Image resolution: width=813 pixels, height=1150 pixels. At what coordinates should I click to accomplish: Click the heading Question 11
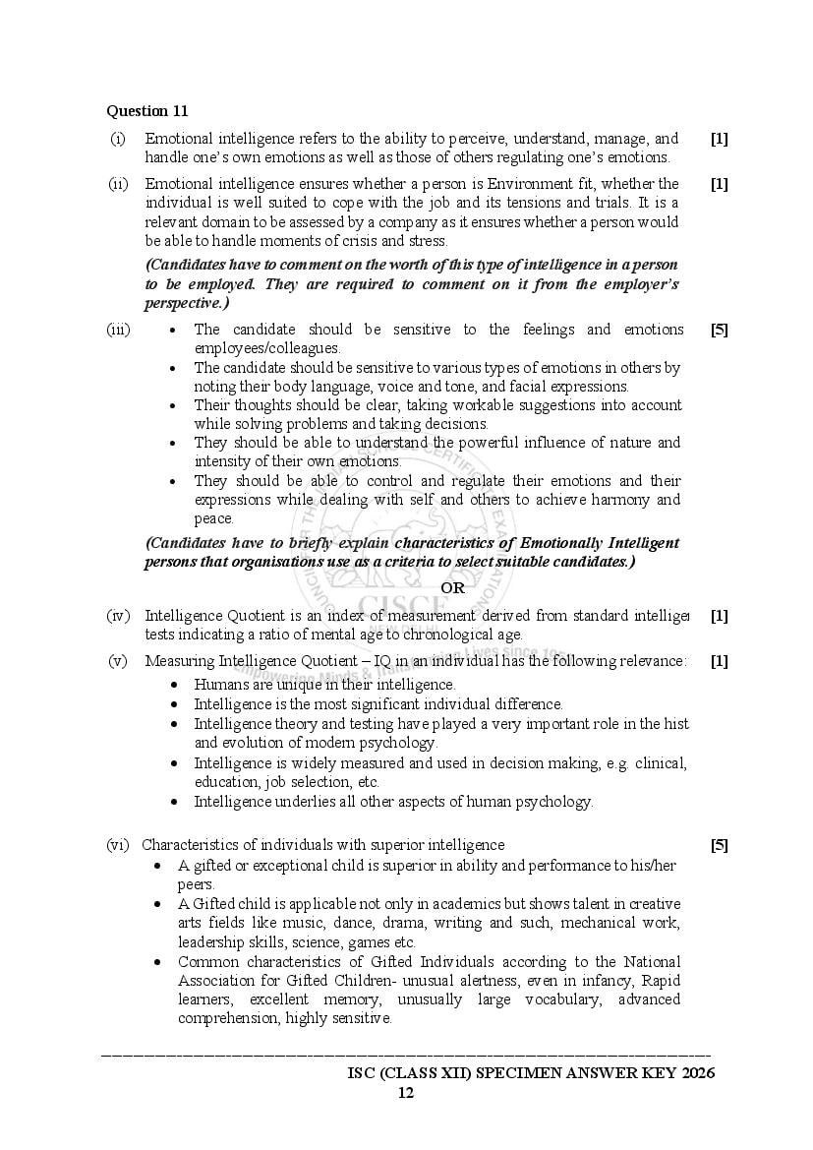[147, 111]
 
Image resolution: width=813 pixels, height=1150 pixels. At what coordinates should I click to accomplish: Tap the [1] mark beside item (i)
[719, 139]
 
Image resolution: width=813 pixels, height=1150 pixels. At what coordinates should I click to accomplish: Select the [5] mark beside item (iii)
[719, 330]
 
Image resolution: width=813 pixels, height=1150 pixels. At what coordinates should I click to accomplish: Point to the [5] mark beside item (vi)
[719, 845]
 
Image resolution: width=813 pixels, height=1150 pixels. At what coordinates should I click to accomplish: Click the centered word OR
[452, 587]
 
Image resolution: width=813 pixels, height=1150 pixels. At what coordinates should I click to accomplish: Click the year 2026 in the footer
[694, 1072]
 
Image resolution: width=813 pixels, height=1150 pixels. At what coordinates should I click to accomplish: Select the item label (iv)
[118, 616]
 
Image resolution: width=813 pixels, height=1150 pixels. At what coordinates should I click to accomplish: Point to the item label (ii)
[118, 184]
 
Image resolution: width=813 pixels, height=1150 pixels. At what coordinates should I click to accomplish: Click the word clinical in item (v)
[661, 762]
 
